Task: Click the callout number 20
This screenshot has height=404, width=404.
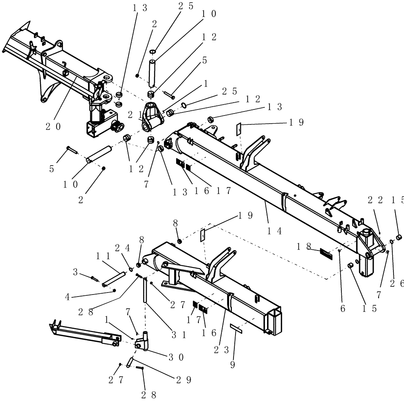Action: tap(53, 126)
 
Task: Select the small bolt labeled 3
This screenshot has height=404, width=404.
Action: tap(95, 278)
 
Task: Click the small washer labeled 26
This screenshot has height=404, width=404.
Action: tap(391, 242)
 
